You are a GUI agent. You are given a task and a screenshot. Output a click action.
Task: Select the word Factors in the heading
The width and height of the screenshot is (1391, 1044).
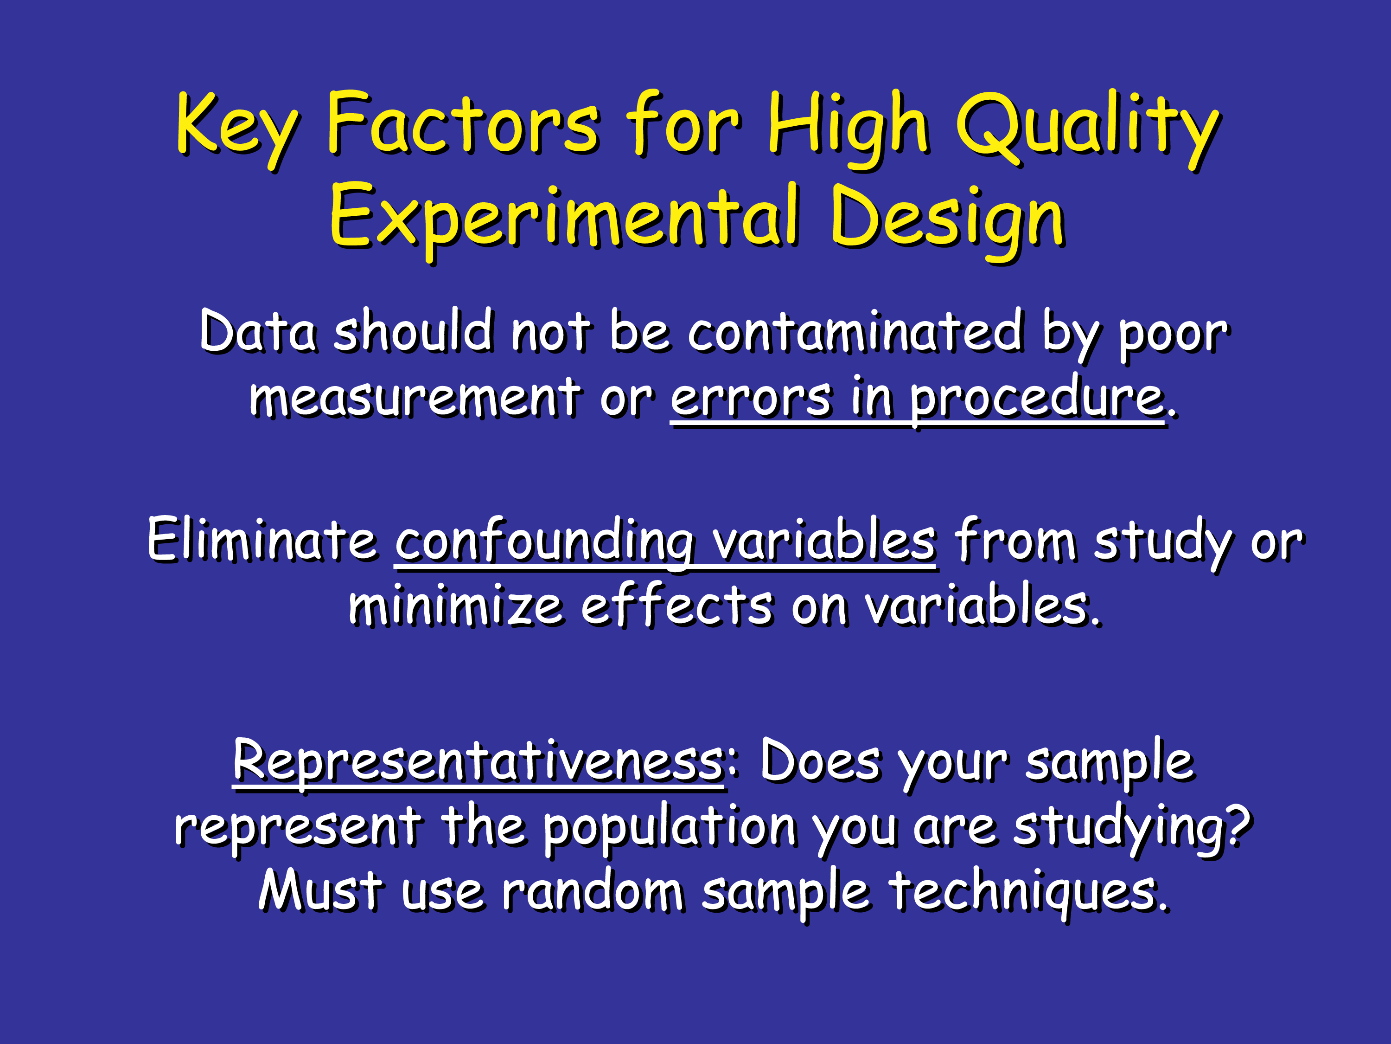tap(463, 122)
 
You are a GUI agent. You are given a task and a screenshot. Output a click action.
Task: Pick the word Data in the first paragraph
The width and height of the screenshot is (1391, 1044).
tap(258, 332)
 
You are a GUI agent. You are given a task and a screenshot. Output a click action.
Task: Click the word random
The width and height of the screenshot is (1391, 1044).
tap(593, 890)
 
